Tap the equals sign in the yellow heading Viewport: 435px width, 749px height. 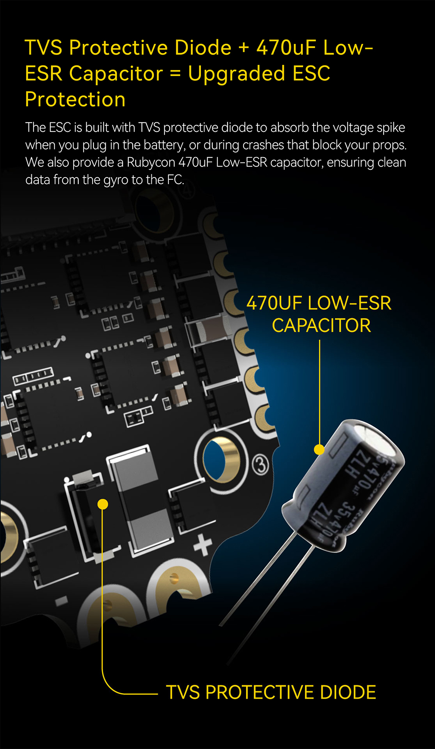point(175,74)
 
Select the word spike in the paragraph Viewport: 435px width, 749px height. point(391,128)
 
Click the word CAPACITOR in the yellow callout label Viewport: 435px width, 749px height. point(321,326)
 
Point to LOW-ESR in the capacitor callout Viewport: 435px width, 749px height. point(349,303)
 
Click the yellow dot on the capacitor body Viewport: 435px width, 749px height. point(319,450)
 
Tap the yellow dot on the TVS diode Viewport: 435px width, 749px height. point(103,504)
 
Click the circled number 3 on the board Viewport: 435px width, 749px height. point(261,466)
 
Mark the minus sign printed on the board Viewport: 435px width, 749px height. point(61,601)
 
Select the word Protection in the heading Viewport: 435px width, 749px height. point(75,100)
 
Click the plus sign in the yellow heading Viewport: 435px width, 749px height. point(244,47)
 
